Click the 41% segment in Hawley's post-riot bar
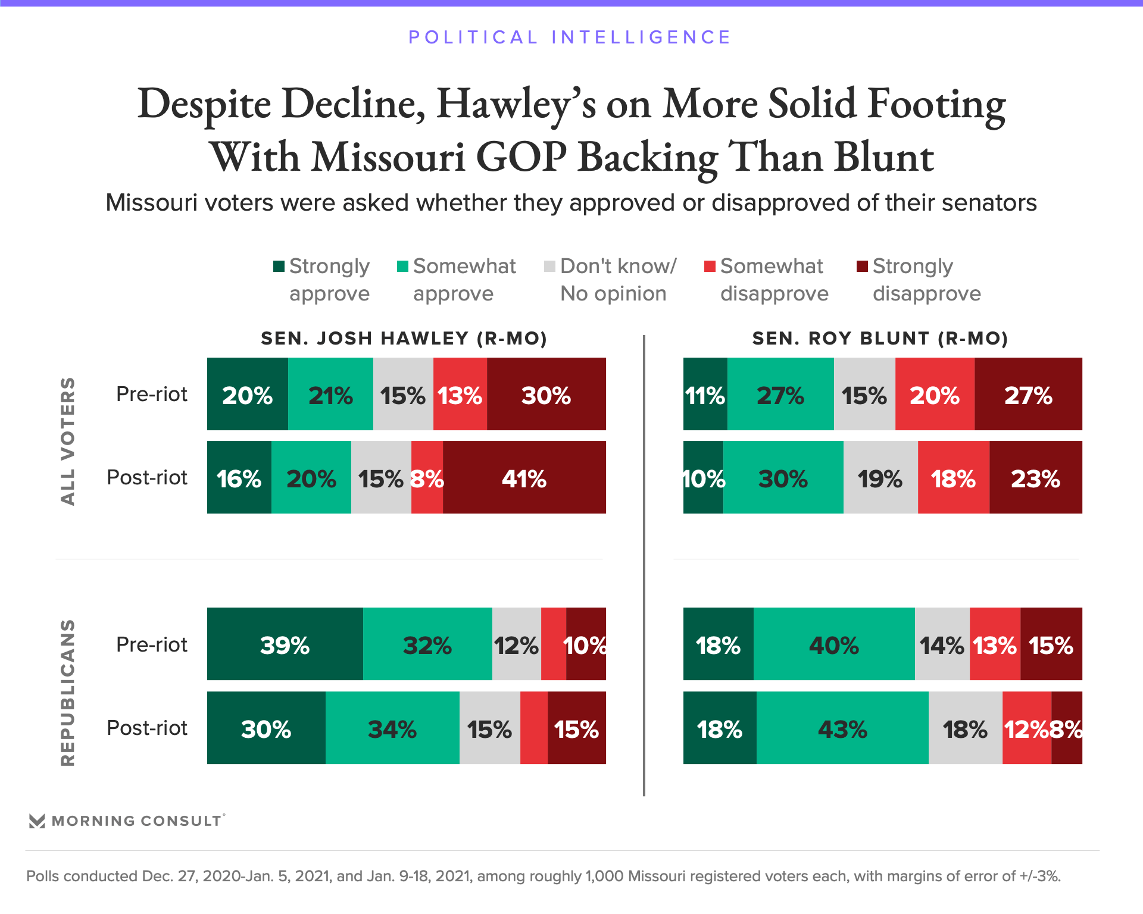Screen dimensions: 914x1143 524,478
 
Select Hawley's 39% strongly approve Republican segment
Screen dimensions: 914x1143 285,644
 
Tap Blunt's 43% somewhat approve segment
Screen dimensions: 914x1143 842,728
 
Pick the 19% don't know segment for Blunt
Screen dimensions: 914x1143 880,478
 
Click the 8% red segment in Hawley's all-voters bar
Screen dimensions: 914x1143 427,478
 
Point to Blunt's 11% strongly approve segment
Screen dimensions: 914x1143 705,395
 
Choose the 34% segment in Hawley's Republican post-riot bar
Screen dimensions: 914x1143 392,728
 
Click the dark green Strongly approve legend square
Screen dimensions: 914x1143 279,266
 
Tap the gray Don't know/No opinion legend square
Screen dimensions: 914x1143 549,266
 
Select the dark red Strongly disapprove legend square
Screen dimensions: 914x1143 861,266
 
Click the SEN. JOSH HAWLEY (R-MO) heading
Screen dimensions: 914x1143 404,339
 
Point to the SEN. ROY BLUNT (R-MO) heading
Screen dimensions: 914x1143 880,339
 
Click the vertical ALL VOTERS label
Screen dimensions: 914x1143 68,441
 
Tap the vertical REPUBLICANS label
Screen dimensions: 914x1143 68,692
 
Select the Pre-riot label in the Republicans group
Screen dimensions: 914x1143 152,644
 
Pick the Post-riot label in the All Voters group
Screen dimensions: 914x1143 147,477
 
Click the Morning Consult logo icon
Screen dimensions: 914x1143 37,821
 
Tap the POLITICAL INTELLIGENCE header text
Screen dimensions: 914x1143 570,37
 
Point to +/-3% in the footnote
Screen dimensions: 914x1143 1039,877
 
